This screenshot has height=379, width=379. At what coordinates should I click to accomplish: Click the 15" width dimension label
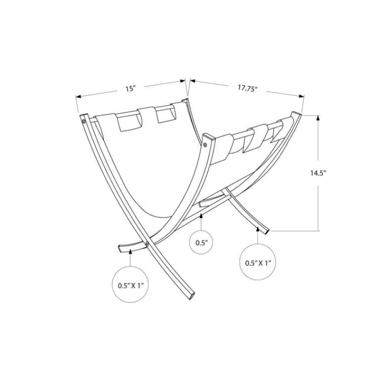[x=130, y=89]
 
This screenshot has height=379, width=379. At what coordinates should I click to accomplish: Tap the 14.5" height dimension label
[x=318, y=173]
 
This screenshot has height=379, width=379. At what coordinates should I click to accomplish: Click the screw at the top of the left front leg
[x=84, y=121]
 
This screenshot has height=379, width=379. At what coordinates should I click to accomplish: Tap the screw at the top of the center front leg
[x=205, y=145]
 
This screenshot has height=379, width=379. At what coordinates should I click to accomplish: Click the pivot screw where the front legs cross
[x=147, y=244]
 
